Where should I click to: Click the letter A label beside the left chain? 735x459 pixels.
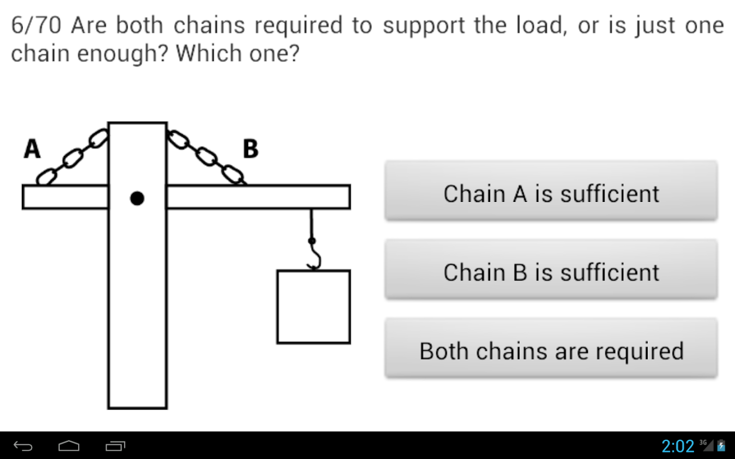click(x=32, y=149)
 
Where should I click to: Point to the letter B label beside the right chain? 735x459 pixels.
click(x=251, y=149)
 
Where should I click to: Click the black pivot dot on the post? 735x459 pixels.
click(x=137, y=198)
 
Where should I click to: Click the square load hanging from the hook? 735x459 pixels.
click(x=313, y=307)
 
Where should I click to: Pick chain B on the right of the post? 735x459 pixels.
click(x=206, y=156)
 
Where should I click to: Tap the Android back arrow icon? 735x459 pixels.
click(x=23, y=446)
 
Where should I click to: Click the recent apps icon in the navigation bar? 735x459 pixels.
click(x=115, y=446)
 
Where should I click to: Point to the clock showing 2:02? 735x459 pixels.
click(x=678, y=446)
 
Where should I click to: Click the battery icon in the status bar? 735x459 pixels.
click(x=721, y=446)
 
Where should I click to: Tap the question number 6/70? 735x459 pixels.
click(x=36, y=25)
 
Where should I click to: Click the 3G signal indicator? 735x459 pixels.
click(x=706, y=445)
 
